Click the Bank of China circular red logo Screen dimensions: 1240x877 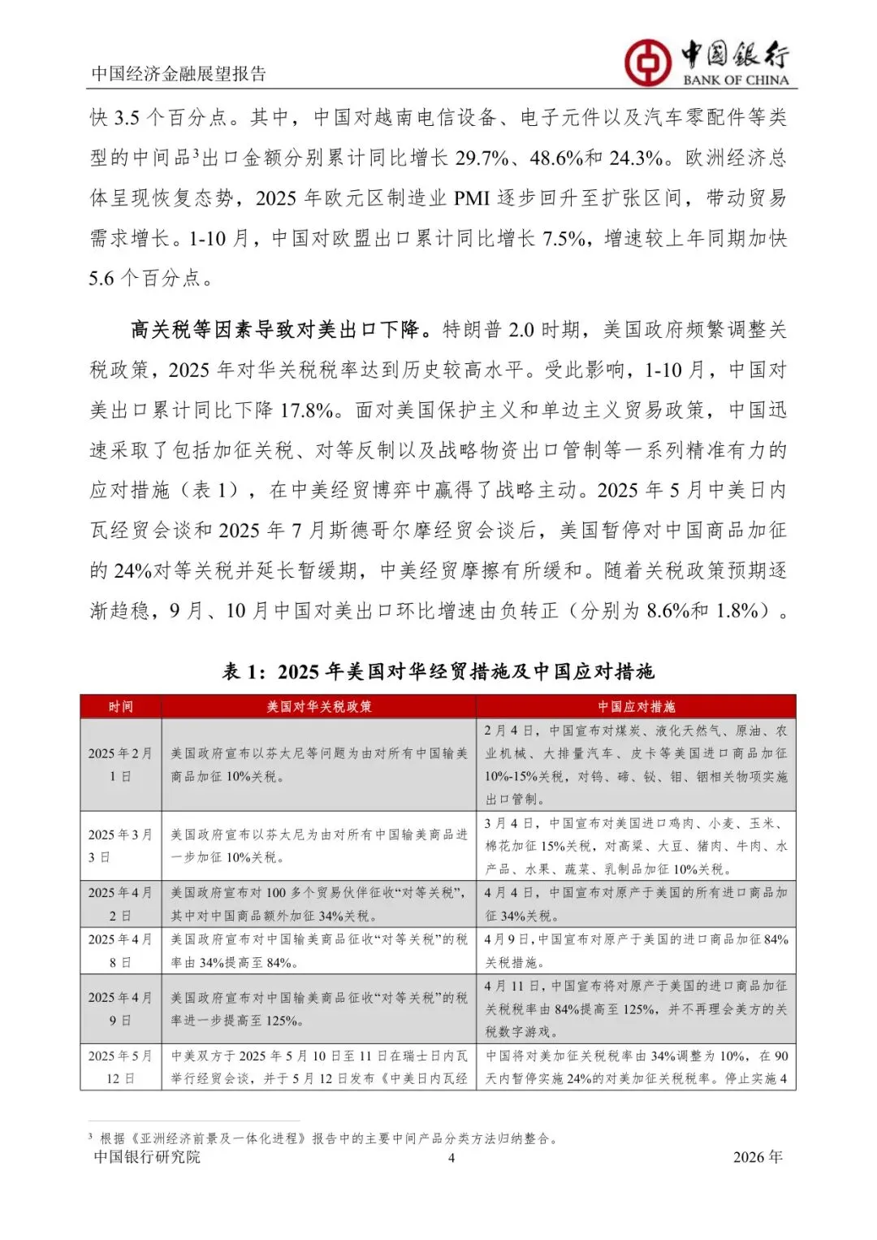click(647, 62)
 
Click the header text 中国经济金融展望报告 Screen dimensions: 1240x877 click(179, 74)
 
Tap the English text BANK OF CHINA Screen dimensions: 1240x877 click(736, 80)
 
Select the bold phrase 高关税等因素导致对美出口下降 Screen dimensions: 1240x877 click(276, 330)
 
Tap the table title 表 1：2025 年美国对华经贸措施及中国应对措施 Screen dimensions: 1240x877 click(438, 672)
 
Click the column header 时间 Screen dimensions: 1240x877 click(121, 707)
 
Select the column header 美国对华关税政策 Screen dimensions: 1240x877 click(319, 707)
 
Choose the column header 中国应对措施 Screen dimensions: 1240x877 click(636, 707)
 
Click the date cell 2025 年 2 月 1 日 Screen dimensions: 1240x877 click(120, 765)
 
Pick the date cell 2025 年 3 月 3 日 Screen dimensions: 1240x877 click(120, 846)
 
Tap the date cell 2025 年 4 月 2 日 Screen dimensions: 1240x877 click(120, 904)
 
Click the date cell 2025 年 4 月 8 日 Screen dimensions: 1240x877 click(120, 951)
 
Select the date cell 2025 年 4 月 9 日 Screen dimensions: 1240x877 click(120, 1008)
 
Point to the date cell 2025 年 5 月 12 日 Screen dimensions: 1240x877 click(120, 1067)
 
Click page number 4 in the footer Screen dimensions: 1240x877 click(451, 1158)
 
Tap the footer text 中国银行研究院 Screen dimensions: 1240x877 click(147, 1157)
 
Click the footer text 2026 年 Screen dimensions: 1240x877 click(757, 1157)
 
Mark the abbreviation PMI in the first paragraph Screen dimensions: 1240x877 click(472, 199)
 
